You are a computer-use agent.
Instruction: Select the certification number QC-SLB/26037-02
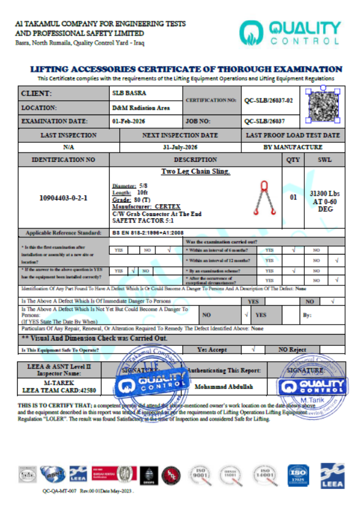coord(269,100)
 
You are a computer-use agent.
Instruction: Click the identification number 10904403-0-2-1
coord(63,198)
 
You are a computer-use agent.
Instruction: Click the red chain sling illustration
coord(261,198)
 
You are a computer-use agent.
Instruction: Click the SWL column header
coord(324,160)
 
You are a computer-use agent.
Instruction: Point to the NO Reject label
coord(292,350)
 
